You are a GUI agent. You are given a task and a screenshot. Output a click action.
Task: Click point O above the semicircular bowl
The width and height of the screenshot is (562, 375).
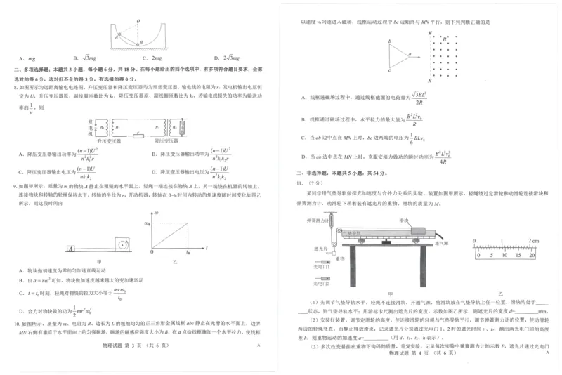click(139, 22)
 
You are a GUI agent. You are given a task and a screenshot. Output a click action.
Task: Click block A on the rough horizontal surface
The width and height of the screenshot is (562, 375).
click(72, 248)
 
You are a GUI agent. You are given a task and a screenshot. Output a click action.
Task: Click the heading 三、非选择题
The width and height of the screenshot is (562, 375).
click(314, 172)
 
